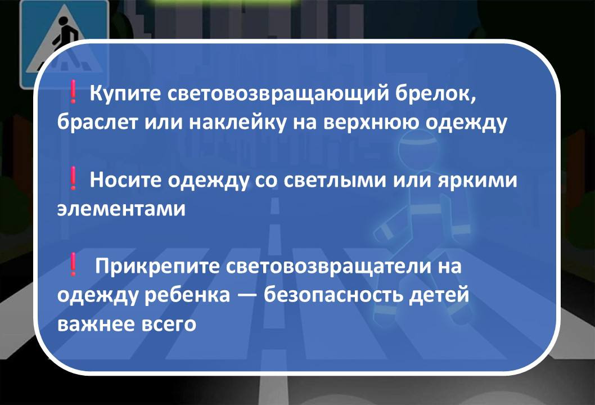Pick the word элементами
click(x=121, y=210)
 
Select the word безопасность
click(x=337, y=296)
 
